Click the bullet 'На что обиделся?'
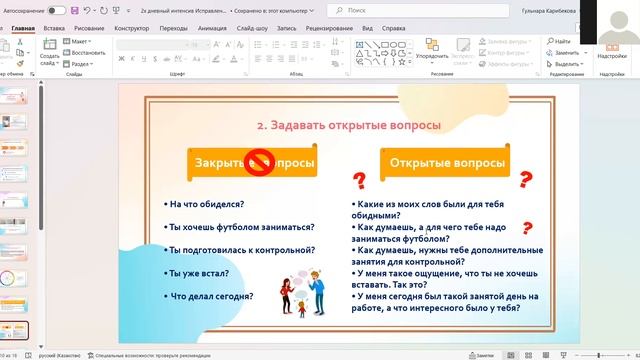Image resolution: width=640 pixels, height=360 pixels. click(204, 203)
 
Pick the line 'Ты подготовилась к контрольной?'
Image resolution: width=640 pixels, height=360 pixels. click(242, 249)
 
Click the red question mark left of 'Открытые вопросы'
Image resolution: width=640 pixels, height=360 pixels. click(358, 181)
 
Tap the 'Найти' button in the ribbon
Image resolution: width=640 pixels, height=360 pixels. click(562, 41)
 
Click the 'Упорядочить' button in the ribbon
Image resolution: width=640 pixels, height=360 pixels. click(433, 56)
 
